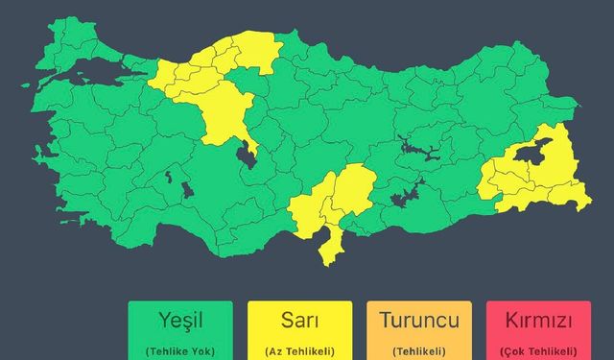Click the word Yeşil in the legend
(x=180, y=321)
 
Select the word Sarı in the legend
(x=299, y=321)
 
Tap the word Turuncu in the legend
(x=418, y=321)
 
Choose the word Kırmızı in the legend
(x=538, y=321)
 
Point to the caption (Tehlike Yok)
(x=180, y=350)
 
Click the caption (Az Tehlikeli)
(x=299, y=350)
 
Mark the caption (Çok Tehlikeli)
(x=538, y=350)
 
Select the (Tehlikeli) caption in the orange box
(x=418, y=350)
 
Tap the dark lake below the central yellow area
(x=248, y=154)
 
